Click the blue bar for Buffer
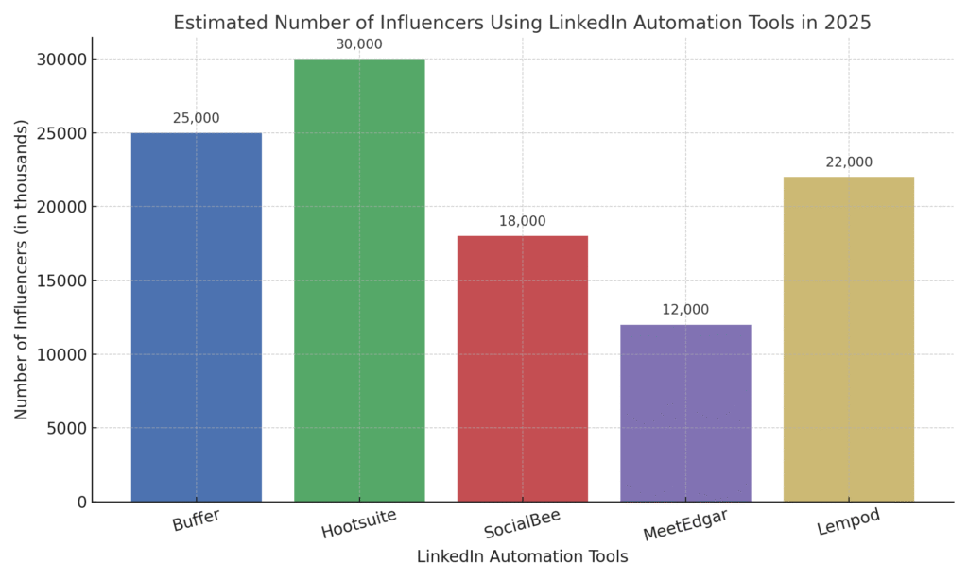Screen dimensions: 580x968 (x=196, y=316)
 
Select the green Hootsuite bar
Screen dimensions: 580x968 (x=359, y=280)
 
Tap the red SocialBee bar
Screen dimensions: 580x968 (x=522, y=368)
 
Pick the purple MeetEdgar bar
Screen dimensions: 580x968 (x=685, y=413)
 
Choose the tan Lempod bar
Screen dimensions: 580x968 (x=848, y=338)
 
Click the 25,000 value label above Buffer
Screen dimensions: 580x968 (x=196, y=118)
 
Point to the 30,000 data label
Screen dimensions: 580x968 (x=359, y=44)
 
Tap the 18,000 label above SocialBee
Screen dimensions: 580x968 (x=522, y=221)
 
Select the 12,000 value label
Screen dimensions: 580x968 (x=685, y=310)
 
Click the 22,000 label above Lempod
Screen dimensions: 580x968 (x=848, y=162)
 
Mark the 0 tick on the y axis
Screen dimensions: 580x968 (x=81, y=502)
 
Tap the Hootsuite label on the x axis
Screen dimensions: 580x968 (x=358, y=523)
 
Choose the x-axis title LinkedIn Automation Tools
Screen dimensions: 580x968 (x=522, y=557)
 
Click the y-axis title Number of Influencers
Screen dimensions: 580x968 (x=21, y=269)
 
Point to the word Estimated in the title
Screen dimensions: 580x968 (x=216, y=21)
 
